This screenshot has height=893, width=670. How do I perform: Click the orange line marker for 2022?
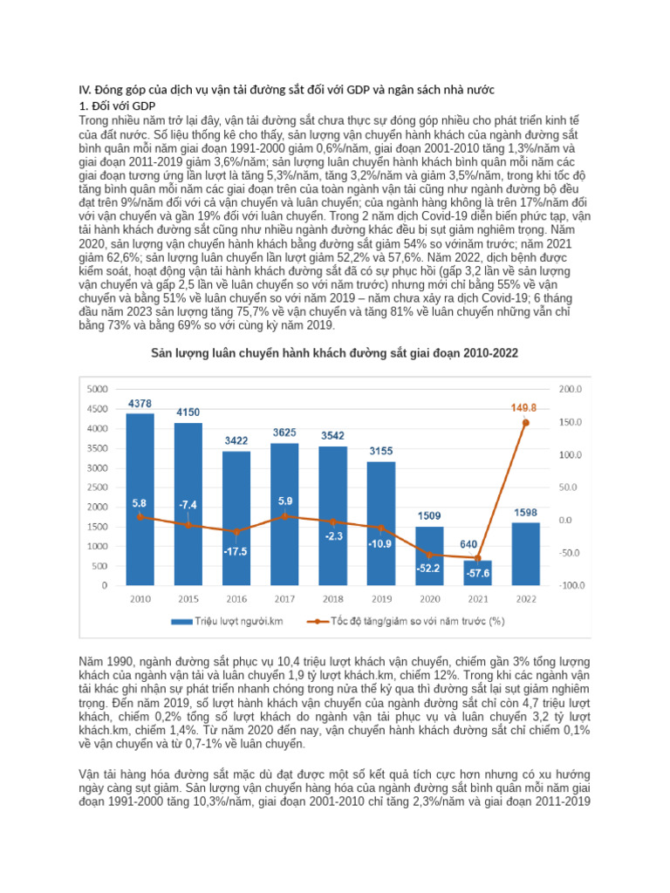click(x=525, y=422)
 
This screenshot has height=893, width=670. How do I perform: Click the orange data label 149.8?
click(x=525, y=406)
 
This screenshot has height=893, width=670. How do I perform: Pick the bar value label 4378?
click(x=140, y=403)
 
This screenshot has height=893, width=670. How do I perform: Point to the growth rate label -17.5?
click(x=236, y=551)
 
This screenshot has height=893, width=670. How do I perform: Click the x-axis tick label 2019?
click(x=380, y=600)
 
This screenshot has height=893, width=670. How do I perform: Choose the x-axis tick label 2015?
click(x=188, y=600)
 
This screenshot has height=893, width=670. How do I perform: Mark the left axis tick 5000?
click(x=99, y=389)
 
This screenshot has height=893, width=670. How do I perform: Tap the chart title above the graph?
click(x=334, y=353)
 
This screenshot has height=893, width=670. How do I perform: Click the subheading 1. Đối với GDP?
click(x=117, y=106)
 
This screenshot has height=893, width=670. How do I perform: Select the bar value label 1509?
click(x=429, y=515)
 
